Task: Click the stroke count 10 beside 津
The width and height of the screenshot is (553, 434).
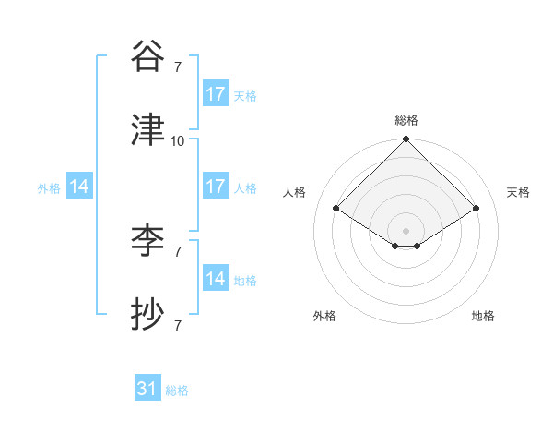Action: [178, 140]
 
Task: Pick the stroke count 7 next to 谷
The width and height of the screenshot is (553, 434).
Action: [178, 66]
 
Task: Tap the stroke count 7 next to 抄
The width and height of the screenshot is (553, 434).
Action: [178, 325]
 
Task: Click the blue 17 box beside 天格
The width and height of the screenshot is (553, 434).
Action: [216, 94]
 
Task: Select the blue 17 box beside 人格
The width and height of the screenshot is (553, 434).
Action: [216, 187]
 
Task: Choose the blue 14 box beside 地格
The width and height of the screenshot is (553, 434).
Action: [216, 279]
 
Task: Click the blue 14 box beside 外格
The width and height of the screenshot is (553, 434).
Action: [79, 187]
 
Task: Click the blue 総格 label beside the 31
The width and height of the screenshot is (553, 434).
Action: [177, 391]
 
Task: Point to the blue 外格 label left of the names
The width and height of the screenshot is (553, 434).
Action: [49, 187]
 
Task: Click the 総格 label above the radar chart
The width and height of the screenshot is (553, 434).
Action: [406, 120]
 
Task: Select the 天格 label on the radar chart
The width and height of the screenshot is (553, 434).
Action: [519, 192]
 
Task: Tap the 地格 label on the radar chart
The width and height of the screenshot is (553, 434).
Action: [483, 316]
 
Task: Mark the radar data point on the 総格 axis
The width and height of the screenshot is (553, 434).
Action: [406, 140]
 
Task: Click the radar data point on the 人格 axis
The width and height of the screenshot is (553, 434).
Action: [335, 208]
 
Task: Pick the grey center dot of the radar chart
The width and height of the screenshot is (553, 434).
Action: [406, 230]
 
